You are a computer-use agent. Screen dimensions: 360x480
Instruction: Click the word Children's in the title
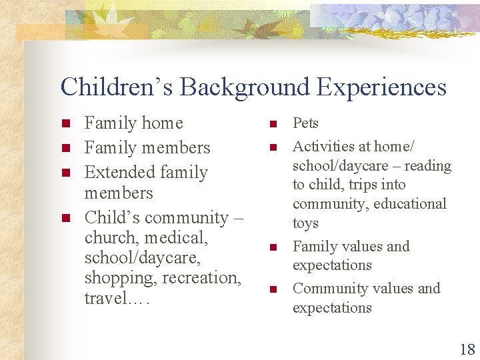[117, 87]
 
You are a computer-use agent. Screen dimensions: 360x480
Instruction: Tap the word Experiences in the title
[382, 87]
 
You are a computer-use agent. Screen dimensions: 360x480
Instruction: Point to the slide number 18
[467, 349]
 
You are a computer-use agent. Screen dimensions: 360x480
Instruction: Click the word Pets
[305, 123]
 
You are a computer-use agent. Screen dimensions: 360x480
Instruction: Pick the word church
[109, 237]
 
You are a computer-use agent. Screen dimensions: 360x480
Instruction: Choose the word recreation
[201, 277]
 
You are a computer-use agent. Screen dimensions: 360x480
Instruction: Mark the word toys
[305, 223]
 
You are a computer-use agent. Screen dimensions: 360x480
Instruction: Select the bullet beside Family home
[65, 124]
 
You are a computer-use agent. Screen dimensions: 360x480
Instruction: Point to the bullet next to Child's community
[65, 218]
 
